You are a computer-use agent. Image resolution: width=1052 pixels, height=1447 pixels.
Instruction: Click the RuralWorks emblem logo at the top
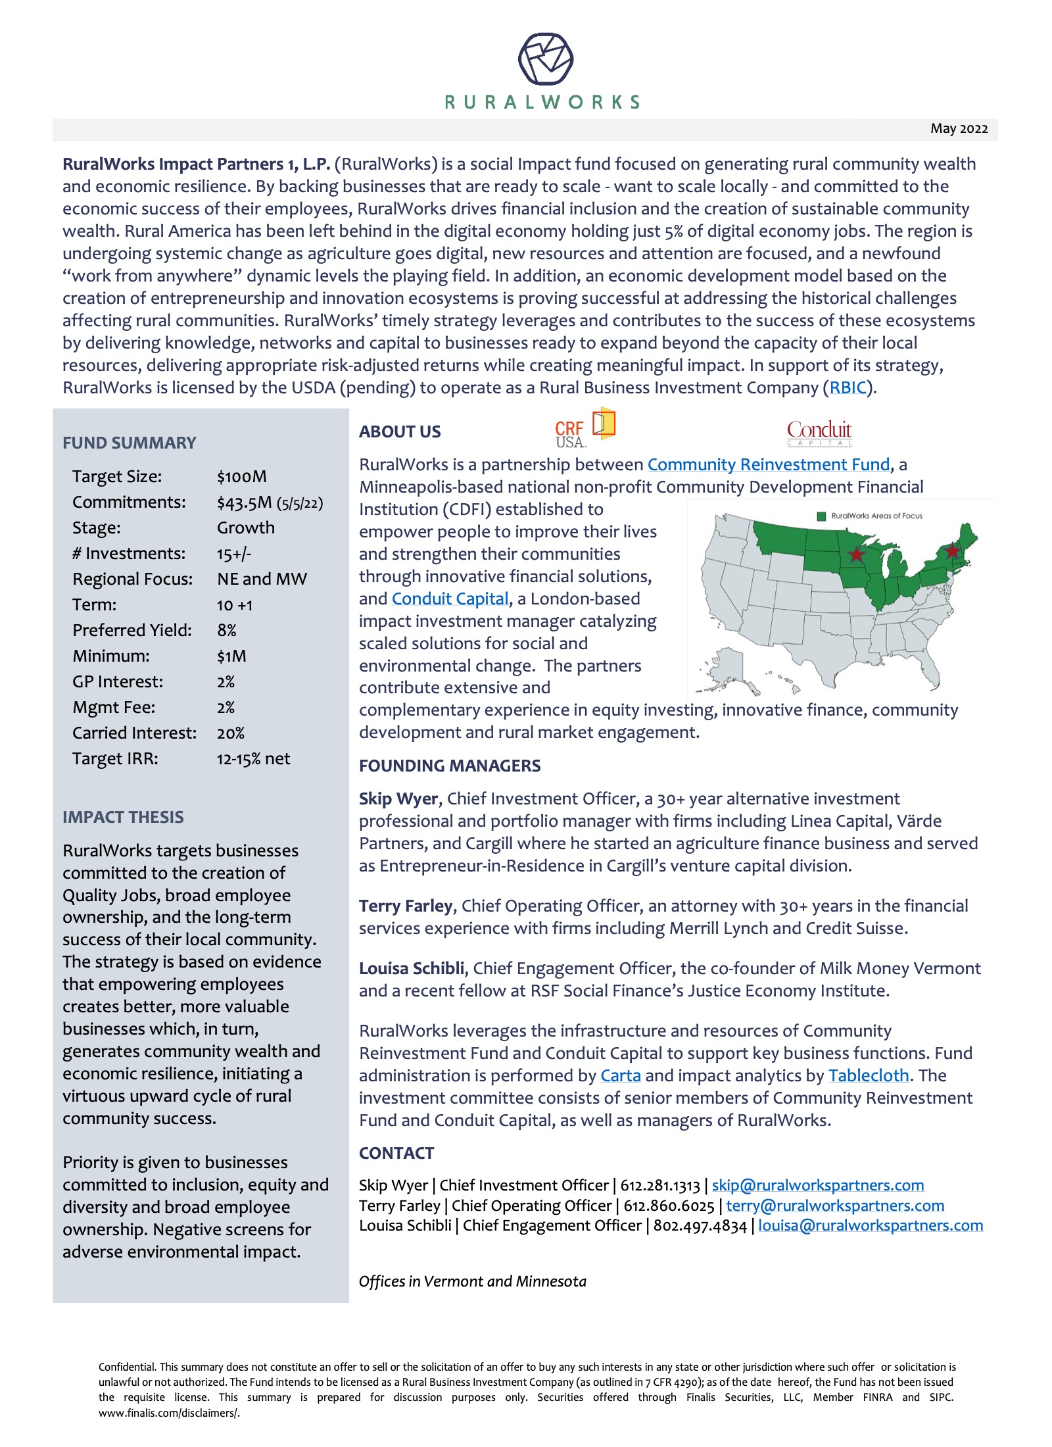tap(545, 59)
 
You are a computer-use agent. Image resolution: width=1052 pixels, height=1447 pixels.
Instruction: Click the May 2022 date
tap(959, 128)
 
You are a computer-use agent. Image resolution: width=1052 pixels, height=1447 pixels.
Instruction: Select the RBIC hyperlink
tap(848, 387)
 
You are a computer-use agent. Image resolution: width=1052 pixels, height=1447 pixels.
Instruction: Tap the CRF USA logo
tap(584, 429)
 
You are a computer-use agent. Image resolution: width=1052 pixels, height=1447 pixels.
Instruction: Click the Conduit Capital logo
tap(819, 432)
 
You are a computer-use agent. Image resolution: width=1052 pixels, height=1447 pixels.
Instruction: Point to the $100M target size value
tap(241, 476)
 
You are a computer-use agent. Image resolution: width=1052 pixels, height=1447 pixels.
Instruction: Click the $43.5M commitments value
tap(244, 503)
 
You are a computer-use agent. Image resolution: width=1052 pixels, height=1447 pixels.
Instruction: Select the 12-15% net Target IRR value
tap(253, 758)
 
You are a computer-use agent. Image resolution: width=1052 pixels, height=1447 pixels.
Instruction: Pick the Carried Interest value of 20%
tap(230, 733)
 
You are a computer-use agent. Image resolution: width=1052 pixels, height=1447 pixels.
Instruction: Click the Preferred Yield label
tap(132, 630)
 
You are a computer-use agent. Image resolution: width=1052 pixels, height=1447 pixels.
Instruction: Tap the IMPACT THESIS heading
tap(123, 817)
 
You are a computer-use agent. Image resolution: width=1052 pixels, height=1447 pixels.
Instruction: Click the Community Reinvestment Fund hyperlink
tap(768, 464)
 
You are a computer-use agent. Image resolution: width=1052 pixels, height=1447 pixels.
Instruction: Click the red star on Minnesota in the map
tap(856, 554)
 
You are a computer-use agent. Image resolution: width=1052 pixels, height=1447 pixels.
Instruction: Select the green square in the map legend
tap(821, 516)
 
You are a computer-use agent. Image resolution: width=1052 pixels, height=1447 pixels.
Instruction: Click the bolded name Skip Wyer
tap(398, 798)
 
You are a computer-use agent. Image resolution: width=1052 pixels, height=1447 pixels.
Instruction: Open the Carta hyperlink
tap(620, 1075)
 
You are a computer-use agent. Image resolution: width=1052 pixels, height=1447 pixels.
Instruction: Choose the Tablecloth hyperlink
tap(868, 1075)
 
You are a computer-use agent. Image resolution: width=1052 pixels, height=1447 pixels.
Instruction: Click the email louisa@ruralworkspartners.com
tap(870, 1225)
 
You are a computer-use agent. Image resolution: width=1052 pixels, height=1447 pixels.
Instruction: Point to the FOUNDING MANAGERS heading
tap(450, 766)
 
